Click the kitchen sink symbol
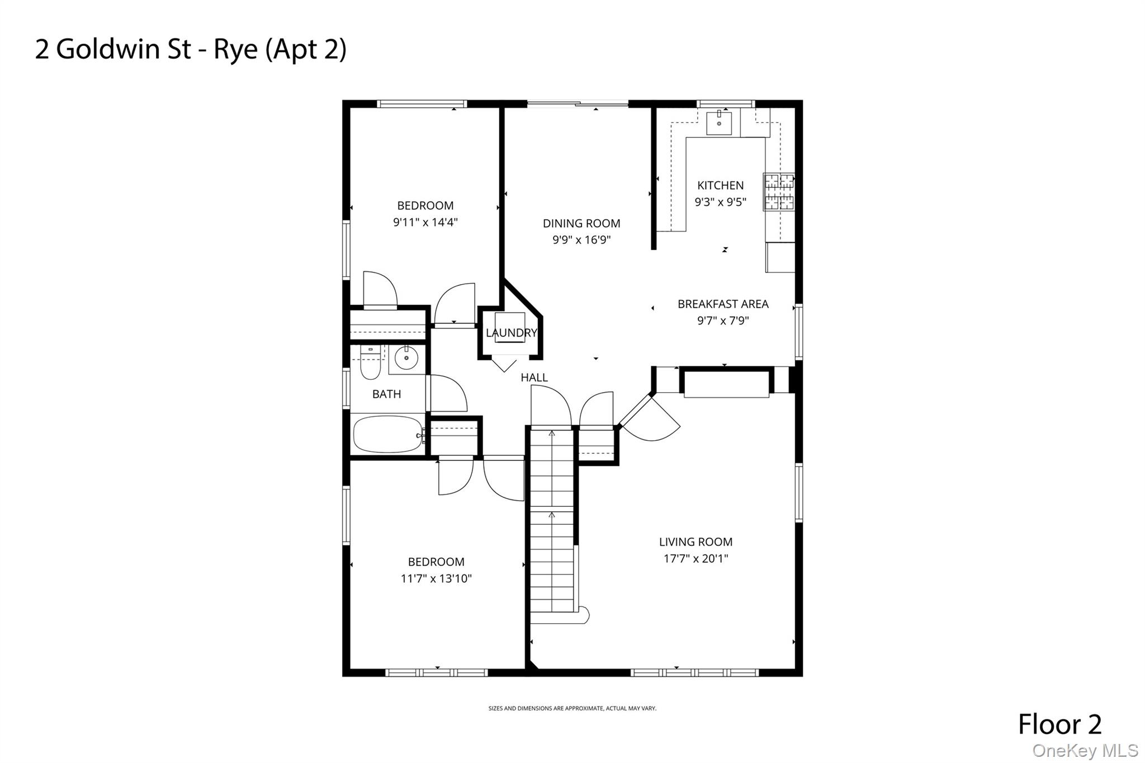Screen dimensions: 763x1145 (x=719, y=123)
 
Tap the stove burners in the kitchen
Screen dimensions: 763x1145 (x=779, y=191)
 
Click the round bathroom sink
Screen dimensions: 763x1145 (x=406, y=357)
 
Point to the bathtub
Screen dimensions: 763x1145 (x=387, y=434)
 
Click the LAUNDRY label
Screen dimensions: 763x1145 (x=511, y=333)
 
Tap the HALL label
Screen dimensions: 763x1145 (x=534, y=378)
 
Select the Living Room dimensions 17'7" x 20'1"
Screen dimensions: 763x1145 (x=695, y=558)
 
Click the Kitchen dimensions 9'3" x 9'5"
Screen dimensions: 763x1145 (x=720, y=202)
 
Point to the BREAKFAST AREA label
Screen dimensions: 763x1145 (x=723, y=304)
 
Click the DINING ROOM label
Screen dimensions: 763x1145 (x=581, y=223)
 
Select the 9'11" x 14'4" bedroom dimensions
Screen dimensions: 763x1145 (x=425, y=222)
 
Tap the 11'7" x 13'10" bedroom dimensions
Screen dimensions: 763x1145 (x=436, y=578)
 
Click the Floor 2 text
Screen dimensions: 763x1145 (x=1059, y=724)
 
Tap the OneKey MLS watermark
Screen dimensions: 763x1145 (x=1085, y=750)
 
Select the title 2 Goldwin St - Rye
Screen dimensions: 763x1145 (x=191, y=49)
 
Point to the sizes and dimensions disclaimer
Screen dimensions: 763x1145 (x=572, y=708)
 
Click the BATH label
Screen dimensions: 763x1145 (x=386, y=394)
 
